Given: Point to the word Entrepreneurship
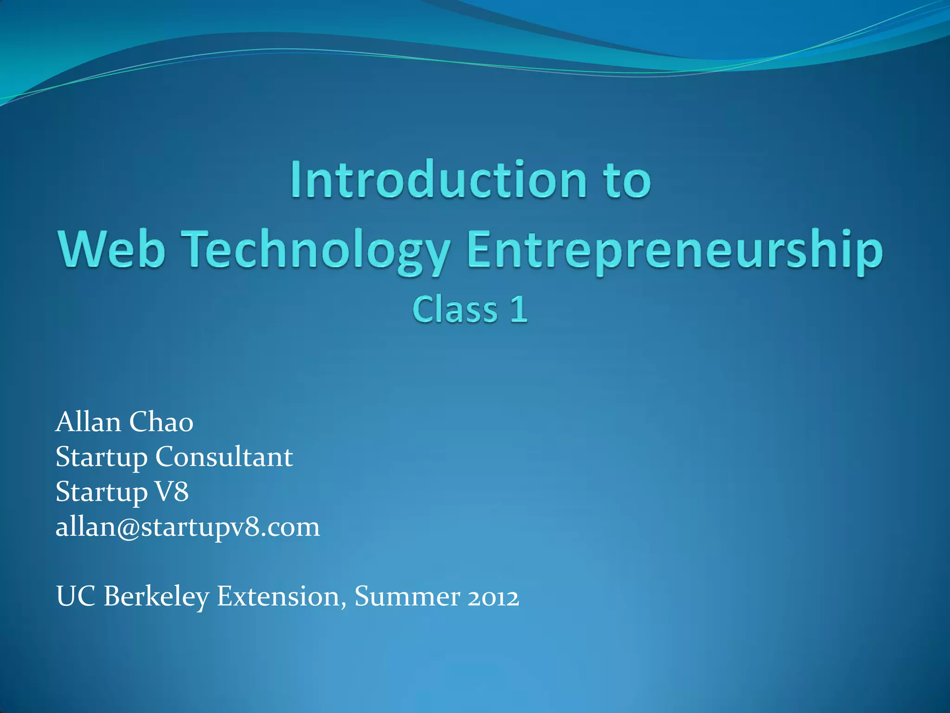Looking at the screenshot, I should [x=675, y=251].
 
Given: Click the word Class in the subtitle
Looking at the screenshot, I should [x=455, y=310].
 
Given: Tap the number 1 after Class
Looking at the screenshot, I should [x=519, y=310].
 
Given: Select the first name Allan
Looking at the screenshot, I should [x=88, y=422].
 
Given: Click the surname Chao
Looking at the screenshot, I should [x=161, y=422].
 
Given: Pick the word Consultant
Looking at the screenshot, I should [x=224, y=457].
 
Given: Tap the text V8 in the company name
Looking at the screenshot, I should [x=172, y=492].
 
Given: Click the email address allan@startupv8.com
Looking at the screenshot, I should [x=188, y=527].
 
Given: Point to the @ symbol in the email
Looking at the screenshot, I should [x=129, y=528].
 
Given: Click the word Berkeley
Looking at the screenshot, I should [x=156, y=597].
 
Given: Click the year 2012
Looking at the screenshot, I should [x=493, y=597].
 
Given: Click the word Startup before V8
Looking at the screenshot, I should [x=102, y=493].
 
